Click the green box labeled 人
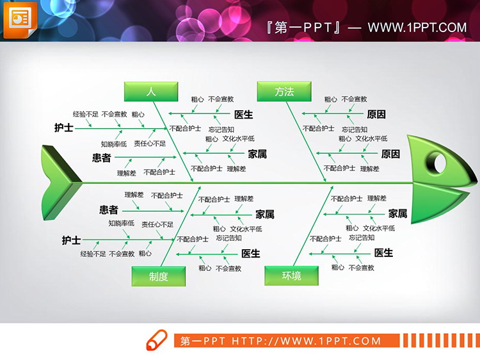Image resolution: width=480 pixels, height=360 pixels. pos(151,92)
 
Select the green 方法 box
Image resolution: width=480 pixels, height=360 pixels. pos(284,92)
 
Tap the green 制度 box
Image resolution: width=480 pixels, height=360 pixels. pos(159,276)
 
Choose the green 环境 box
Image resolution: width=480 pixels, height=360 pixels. pos(291,276)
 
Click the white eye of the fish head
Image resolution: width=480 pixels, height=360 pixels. pos(440,162)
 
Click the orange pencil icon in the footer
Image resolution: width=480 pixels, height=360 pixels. pos(156,340)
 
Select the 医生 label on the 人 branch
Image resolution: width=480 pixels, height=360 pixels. pos(243,115)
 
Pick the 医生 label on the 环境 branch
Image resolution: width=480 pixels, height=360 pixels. pos(383,253)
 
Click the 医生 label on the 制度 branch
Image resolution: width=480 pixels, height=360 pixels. pos(250,253)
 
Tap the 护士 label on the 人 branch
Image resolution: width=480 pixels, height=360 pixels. pos(63,127)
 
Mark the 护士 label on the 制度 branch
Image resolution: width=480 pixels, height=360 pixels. pos(71,240)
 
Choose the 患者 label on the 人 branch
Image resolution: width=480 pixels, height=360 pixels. pos(101,158)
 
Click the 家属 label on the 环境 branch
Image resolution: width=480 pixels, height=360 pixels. pos(397,213)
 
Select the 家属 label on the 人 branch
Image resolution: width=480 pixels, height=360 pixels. pos(257,154)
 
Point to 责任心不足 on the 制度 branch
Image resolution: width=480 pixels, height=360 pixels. pos(157,224)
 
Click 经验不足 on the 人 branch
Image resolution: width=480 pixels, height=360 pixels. pos(85,114)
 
